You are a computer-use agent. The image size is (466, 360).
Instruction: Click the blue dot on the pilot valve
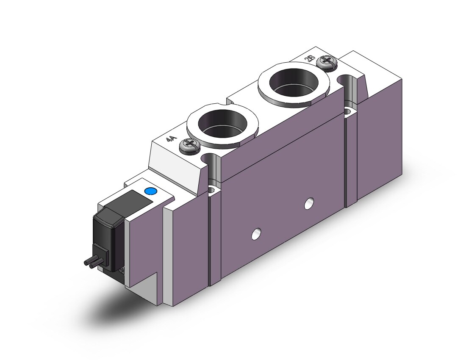150,191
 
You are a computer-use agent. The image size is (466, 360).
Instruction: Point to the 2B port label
310,58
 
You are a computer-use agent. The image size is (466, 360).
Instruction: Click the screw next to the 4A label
189,146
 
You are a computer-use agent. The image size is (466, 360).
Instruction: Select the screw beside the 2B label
327,63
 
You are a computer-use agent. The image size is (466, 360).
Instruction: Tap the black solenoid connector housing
109,238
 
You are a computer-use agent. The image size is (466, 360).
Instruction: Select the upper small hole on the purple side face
309,203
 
